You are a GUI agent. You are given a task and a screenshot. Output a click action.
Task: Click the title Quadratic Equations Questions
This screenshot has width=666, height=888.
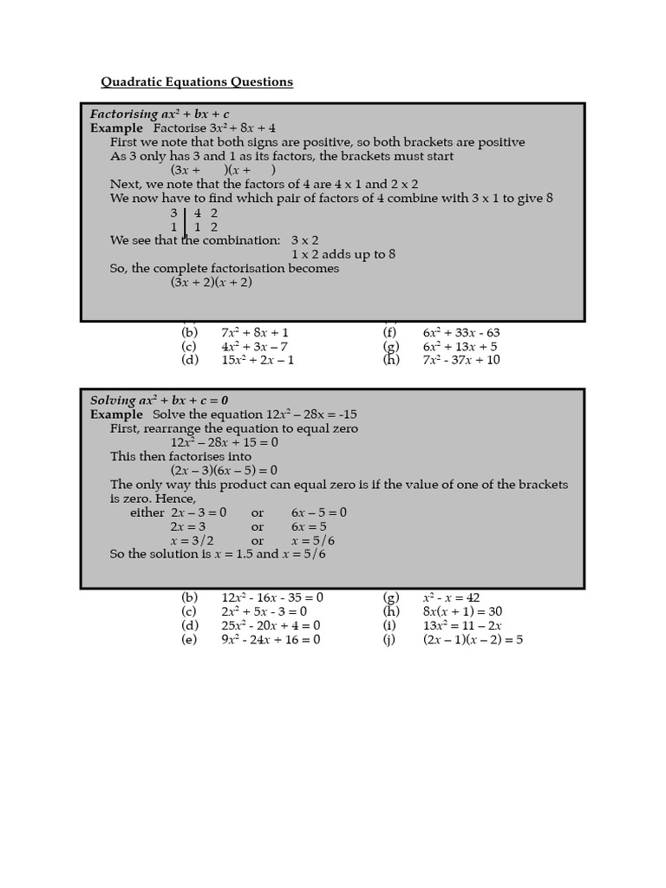[197, 82]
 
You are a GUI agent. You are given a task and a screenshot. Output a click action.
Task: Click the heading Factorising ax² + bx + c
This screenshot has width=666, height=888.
[160, 114]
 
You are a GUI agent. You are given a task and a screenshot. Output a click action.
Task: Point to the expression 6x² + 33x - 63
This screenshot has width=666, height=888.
[461, 332]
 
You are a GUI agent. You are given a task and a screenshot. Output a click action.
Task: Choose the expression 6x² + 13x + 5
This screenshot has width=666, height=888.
[460, 346]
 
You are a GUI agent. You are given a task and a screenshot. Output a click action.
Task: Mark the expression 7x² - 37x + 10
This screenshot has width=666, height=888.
[461, 360]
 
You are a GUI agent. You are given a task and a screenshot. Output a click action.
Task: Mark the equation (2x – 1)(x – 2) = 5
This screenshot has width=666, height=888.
[473, 640]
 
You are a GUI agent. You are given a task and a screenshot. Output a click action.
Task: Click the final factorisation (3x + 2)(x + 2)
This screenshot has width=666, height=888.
[211, 282]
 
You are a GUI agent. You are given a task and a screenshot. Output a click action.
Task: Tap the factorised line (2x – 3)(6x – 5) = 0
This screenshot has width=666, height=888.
[224, 471]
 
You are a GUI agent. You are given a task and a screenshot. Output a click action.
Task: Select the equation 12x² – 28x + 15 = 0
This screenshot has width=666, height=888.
[224, 442]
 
